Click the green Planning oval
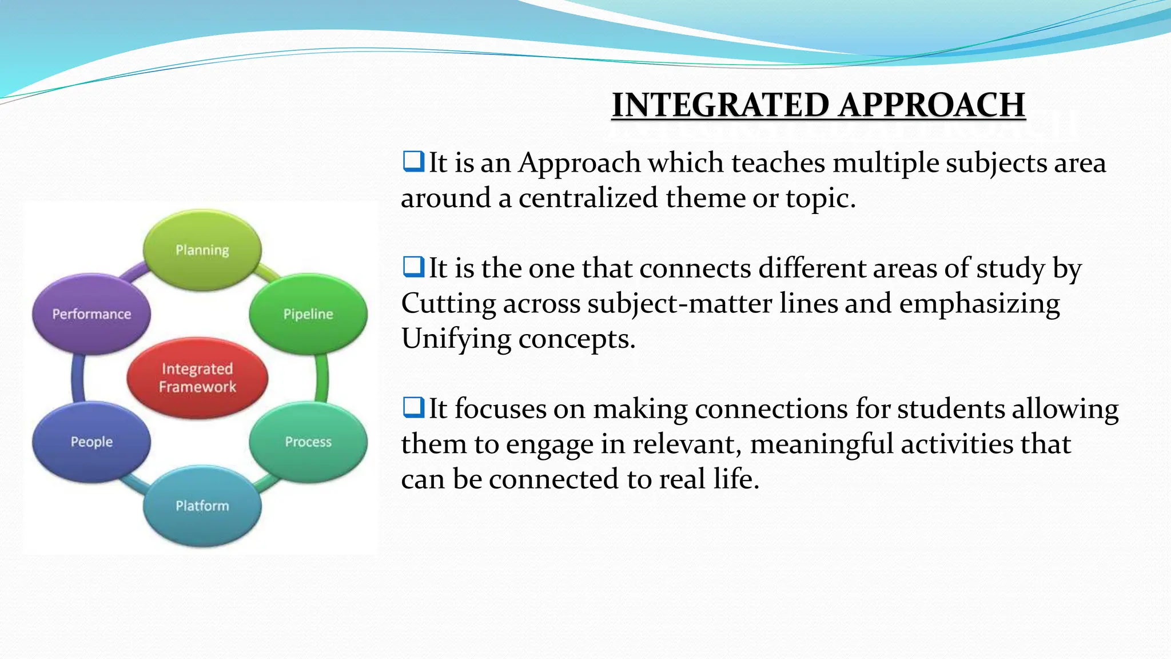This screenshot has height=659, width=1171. [202, 250]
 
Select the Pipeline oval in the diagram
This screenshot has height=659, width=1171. [308, 313]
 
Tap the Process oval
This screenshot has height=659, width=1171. [308, 441]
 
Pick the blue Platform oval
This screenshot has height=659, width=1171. [202, 506]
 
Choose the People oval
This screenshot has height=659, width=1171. [91, 441]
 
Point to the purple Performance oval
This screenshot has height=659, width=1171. [91, 313]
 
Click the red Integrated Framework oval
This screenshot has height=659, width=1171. [197, 378]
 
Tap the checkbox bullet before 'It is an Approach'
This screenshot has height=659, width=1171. [413, 161]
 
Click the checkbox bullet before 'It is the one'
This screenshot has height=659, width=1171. [413, 267]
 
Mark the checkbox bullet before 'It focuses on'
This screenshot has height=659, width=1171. [413, 407]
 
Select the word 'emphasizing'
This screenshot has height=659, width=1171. [979, 303]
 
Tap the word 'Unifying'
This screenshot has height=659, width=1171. [456, 339]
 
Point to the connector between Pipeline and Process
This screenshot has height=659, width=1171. [322, 378]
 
